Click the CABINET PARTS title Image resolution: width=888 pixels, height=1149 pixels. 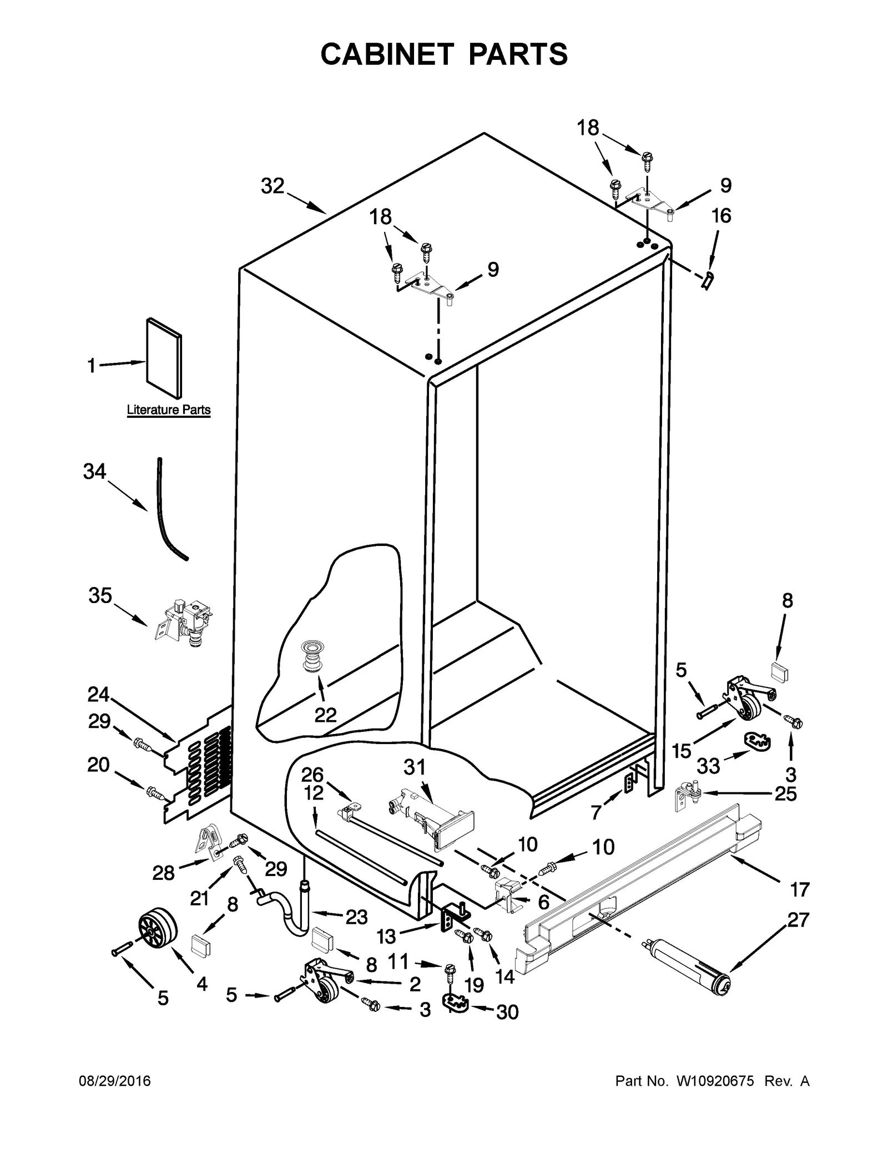point(444,54)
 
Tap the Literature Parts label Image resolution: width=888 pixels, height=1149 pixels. point(169,410)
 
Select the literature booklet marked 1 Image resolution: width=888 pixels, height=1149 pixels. point(164,358)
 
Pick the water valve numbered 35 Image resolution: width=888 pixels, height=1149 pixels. point(184,624)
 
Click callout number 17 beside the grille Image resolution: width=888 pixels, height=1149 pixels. point(800,889)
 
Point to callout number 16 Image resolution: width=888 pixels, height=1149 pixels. point(722,215)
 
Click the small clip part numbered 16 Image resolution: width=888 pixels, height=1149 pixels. point(708,280)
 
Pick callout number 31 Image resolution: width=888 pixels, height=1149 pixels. point(414,767)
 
